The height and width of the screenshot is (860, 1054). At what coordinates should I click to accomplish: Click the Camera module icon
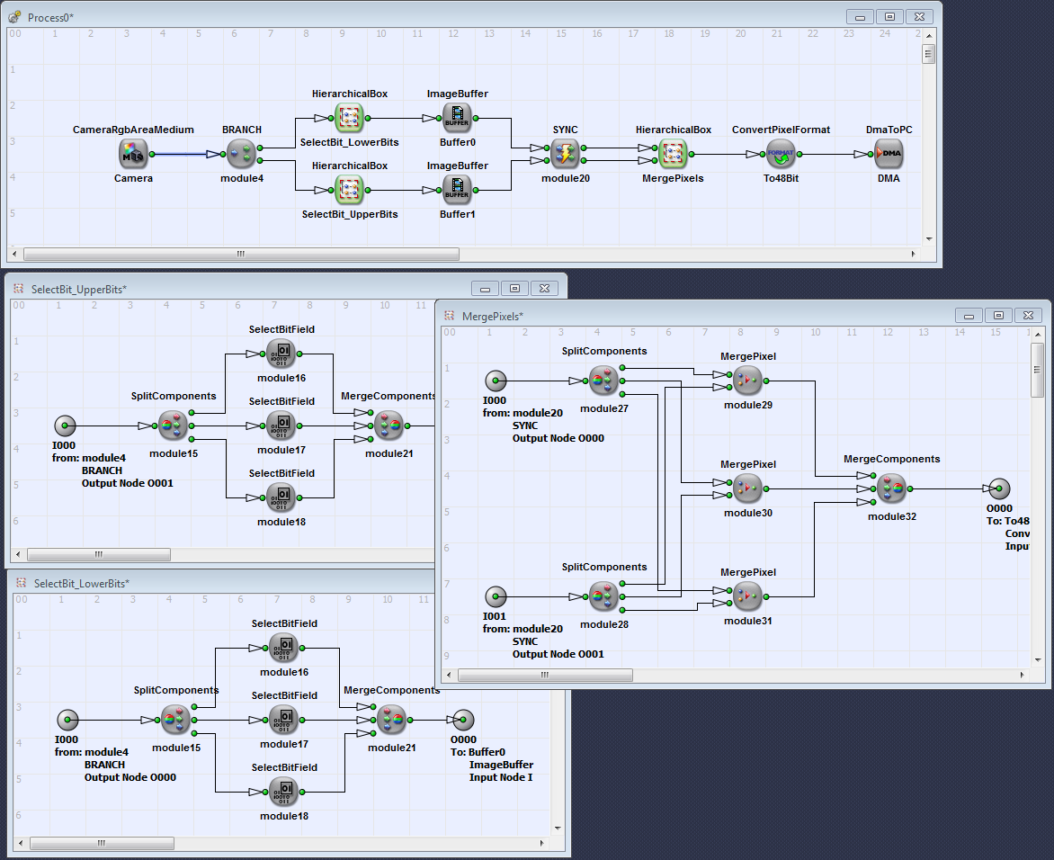[133, 154]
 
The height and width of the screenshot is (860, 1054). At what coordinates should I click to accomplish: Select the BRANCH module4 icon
[241, 154]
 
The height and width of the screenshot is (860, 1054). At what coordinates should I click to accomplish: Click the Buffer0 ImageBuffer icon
[457, 118]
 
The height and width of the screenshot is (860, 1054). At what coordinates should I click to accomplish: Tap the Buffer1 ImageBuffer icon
[457, 190]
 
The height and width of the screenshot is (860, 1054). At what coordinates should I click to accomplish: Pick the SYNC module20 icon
[566, 154]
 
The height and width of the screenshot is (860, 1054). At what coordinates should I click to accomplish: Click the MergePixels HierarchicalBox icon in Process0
[673, 154]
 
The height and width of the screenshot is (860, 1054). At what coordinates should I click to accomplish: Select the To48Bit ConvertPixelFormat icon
[781, 154]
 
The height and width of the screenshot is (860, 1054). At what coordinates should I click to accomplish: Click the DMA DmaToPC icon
[889, 154]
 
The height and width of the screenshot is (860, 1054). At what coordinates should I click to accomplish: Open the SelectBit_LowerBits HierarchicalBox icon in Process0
[350, 118]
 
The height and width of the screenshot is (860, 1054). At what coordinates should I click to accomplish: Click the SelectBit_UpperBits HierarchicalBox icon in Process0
[350, 190]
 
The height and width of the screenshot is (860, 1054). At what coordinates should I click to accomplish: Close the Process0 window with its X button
[920, 17]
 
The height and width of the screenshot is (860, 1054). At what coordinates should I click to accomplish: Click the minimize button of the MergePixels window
[969, 316]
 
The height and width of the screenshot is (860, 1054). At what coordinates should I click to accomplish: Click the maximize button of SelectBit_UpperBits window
[515, 289]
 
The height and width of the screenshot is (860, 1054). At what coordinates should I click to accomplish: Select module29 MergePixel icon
[747, 381]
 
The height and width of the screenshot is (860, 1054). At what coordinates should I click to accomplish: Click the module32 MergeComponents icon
[891, 488]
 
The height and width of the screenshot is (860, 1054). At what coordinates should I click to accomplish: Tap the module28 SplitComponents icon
[603, 596]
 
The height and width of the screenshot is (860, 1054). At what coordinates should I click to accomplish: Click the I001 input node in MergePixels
[496, 596]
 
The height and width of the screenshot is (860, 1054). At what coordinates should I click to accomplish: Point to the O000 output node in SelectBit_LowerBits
[463, 721]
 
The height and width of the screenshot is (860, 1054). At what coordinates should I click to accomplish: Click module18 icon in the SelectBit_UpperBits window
[281, 497]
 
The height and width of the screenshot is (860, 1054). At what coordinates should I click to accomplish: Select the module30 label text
[748, 513]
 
